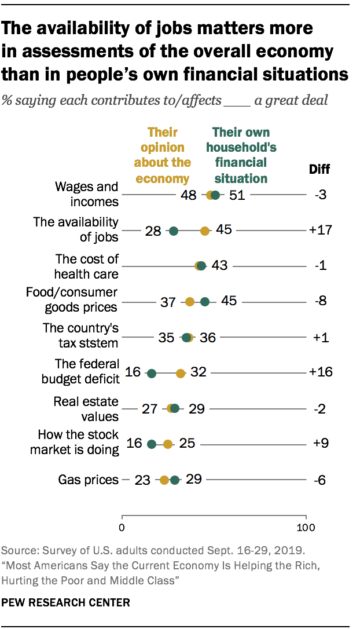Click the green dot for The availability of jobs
174,231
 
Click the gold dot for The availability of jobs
205,231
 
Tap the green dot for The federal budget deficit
152,374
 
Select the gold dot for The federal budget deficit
181,374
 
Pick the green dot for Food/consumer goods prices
205,302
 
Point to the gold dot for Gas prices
164,480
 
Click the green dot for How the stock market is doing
152,444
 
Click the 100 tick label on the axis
306,528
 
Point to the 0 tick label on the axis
122,528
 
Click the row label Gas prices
88,480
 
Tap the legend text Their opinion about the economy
163,155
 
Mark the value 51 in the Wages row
237,195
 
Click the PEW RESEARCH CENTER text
66,602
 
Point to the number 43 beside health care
220,266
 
